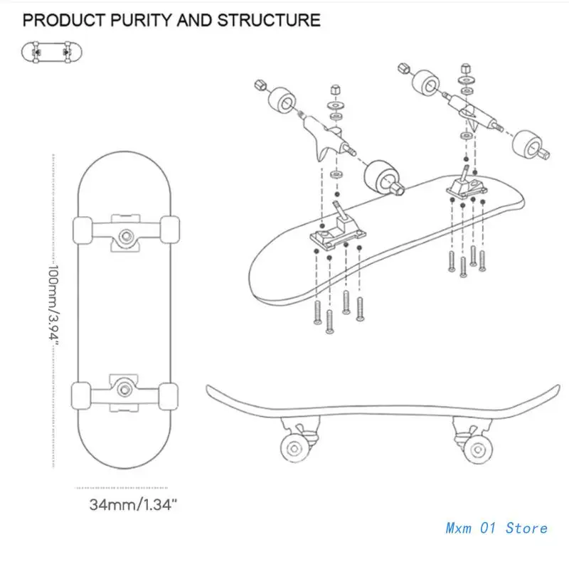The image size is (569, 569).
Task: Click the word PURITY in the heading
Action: coord(142,21)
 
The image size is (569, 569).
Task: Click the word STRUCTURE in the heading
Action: coord(269,21)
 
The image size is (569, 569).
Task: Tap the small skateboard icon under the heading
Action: coord(51,52)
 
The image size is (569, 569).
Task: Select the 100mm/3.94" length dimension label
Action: coord(54,306)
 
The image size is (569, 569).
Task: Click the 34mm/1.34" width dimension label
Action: coord(133,504)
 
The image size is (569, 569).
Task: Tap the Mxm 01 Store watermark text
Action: coord(496,528)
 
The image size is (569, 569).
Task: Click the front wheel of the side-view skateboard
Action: coord(294,449)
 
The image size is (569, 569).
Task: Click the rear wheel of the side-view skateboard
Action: coord(478,450)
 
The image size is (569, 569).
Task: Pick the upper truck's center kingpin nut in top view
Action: coord(126,236)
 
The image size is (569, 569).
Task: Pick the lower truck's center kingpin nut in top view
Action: coord(124,390)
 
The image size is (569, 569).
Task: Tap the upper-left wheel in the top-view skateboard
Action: coord(83,230)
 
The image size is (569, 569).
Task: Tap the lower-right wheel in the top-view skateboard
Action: coord(169,396)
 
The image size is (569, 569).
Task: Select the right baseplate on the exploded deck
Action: coord(467,184)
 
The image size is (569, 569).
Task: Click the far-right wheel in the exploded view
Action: coord(528,144)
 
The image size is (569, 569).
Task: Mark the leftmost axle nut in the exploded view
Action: coord(260,85)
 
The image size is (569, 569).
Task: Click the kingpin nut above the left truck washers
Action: coord(336,90)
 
